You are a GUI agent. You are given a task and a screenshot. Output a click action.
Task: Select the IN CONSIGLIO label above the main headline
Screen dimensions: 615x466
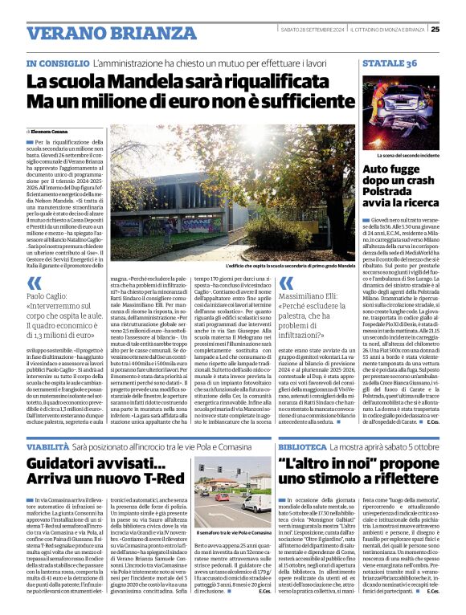coord(57,63)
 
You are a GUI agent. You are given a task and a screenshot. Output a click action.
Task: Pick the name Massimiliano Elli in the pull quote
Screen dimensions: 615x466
coord(313,296)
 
